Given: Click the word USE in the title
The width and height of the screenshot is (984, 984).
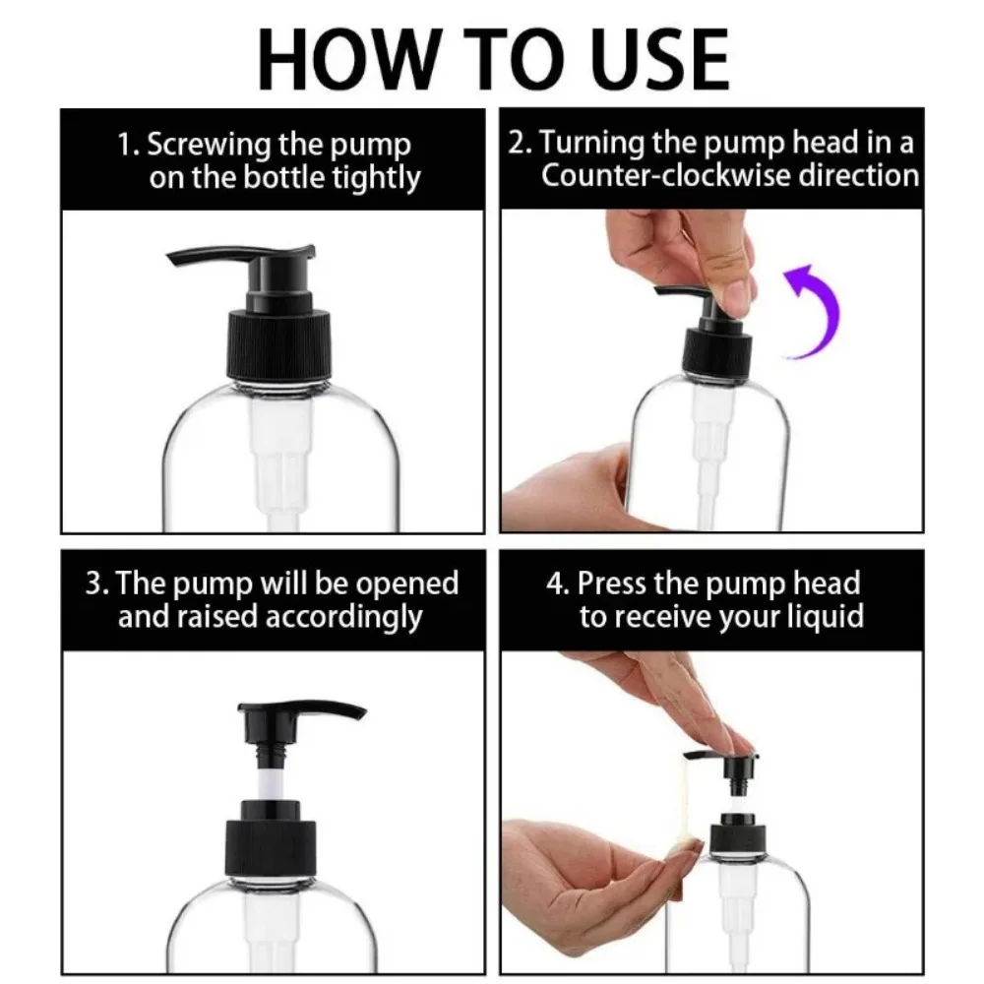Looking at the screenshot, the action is pos(660,60).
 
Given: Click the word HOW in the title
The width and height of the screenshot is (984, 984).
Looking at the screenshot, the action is pos(347,60).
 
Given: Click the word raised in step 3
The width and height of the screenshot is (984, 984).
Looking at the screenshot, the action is pos(217,616).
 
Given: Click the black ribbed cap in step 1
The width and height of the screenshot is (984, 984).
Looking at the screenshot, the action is pos(278,344).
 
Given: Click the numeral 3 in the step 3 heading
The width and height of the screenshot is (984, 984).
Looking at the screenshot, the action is pos(92,584).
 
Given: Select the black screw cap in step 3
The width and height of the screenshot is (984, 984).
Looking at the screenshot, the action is pos(271,837).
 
